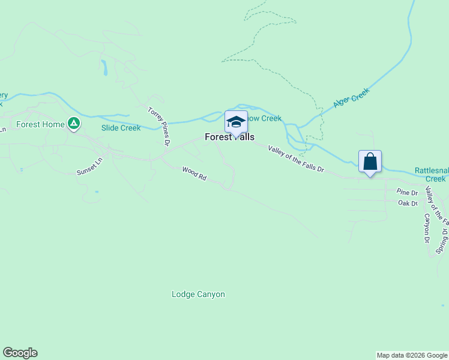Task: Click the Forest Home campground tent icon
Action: coord(73,124)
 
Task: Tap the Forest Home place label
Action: coord(40,125)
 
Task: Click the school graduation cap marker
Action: coord(236,122)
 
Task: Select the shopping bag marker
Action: coord(370,161)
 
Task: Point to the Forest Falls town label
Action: coord(229,137)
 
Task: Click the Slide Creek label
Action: coord(121,128)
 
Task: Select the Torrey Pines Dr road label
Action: coord(160,126)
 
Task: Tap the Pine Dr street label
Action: coord(407,193)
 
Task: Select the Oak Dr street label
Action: coord(408,203)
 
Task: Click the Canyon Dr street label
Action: coord(427,229)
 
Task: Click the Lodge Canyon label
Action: coord(198,295)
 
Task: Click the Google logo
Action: coord(20,353)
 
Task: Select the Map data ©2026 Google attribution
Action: coord(412,355)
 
